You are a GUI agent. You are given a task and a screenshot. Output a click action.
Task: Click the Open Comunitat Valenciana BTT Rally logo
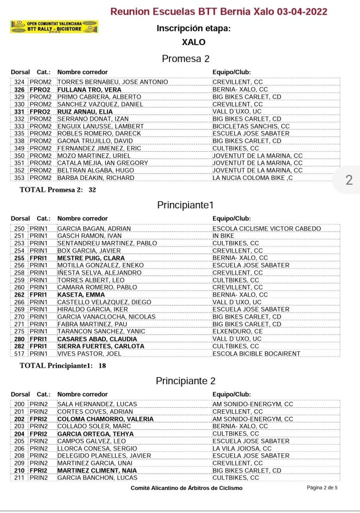54,27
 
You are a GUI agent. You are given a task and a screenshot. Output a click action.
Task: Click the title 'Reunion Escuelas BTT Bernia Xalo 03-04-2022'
219,12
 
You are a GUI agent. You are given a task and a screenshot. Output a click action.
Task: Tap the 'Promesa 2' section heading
186,59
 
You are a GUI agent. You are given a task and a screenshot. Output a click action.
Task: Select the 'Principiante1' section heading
185,205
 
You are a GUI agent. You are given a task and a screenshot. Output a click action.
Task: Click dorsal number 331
20,111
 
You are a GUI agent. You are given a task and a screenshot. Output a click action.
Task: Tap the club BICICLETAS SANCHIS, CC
251,126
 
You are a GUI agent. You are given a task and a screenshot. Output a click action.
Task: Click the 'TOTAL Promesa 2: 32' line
58,190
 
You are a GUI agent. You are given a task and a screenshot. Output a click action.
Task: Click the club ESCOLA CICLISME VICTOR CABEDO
266,228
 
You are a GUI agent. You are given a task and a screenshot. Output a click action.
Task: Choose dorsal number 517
20,353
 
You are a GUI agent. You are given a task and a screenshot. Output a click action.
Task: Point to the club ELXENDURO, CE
237,331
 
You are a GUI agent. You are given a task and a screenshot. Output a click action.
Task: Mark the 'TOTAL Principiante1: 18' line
63,366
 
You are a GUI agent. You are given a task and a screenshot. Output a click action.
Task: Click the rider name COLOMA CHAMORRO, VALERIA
105,419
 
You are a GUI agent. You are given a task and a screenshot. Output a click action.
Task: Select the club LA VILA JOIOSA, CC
242,448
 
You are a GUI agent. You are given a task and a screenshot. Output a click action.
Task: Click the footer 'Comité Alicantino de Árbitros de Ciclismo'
187,487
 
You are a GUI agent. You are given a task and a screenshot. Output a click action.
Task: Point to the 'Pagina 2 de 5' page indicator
322,487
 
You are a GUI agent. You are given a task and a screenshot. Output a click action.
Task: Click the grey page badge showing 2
349,180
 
